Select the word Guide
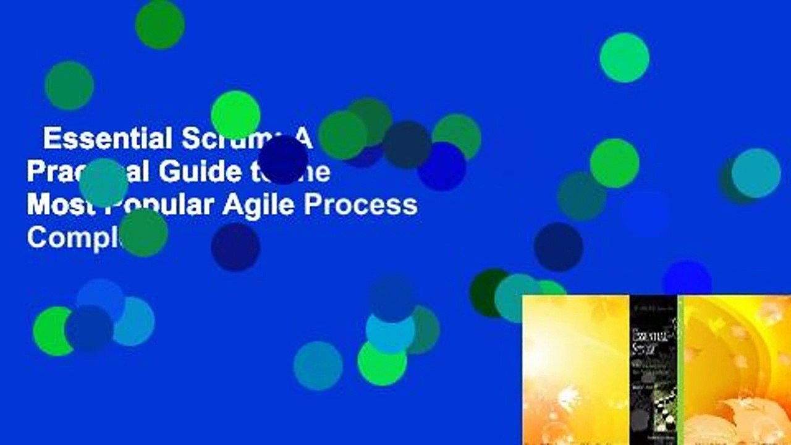pyautogui.click(x=198, y=171)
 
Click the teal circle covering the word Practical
pyautogui.click(x=103, y=182)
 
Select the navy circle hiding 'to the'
pyautogui.click(x=283, y=159)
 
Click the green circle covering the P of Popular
pyautogui.click(x=143, y=232)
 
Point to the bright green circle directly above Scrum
pyautogui.click(x=235, y=115)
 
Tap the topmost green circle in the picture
pyautogui.click(x=159, y=24)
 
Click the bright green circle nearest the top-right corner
pyautogui.click(x=624, y=57)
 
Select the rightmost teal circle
pyautogui.click(x=756, y=173)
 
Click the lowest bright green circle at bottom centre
pyautogui.click(x=382, y=363)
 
